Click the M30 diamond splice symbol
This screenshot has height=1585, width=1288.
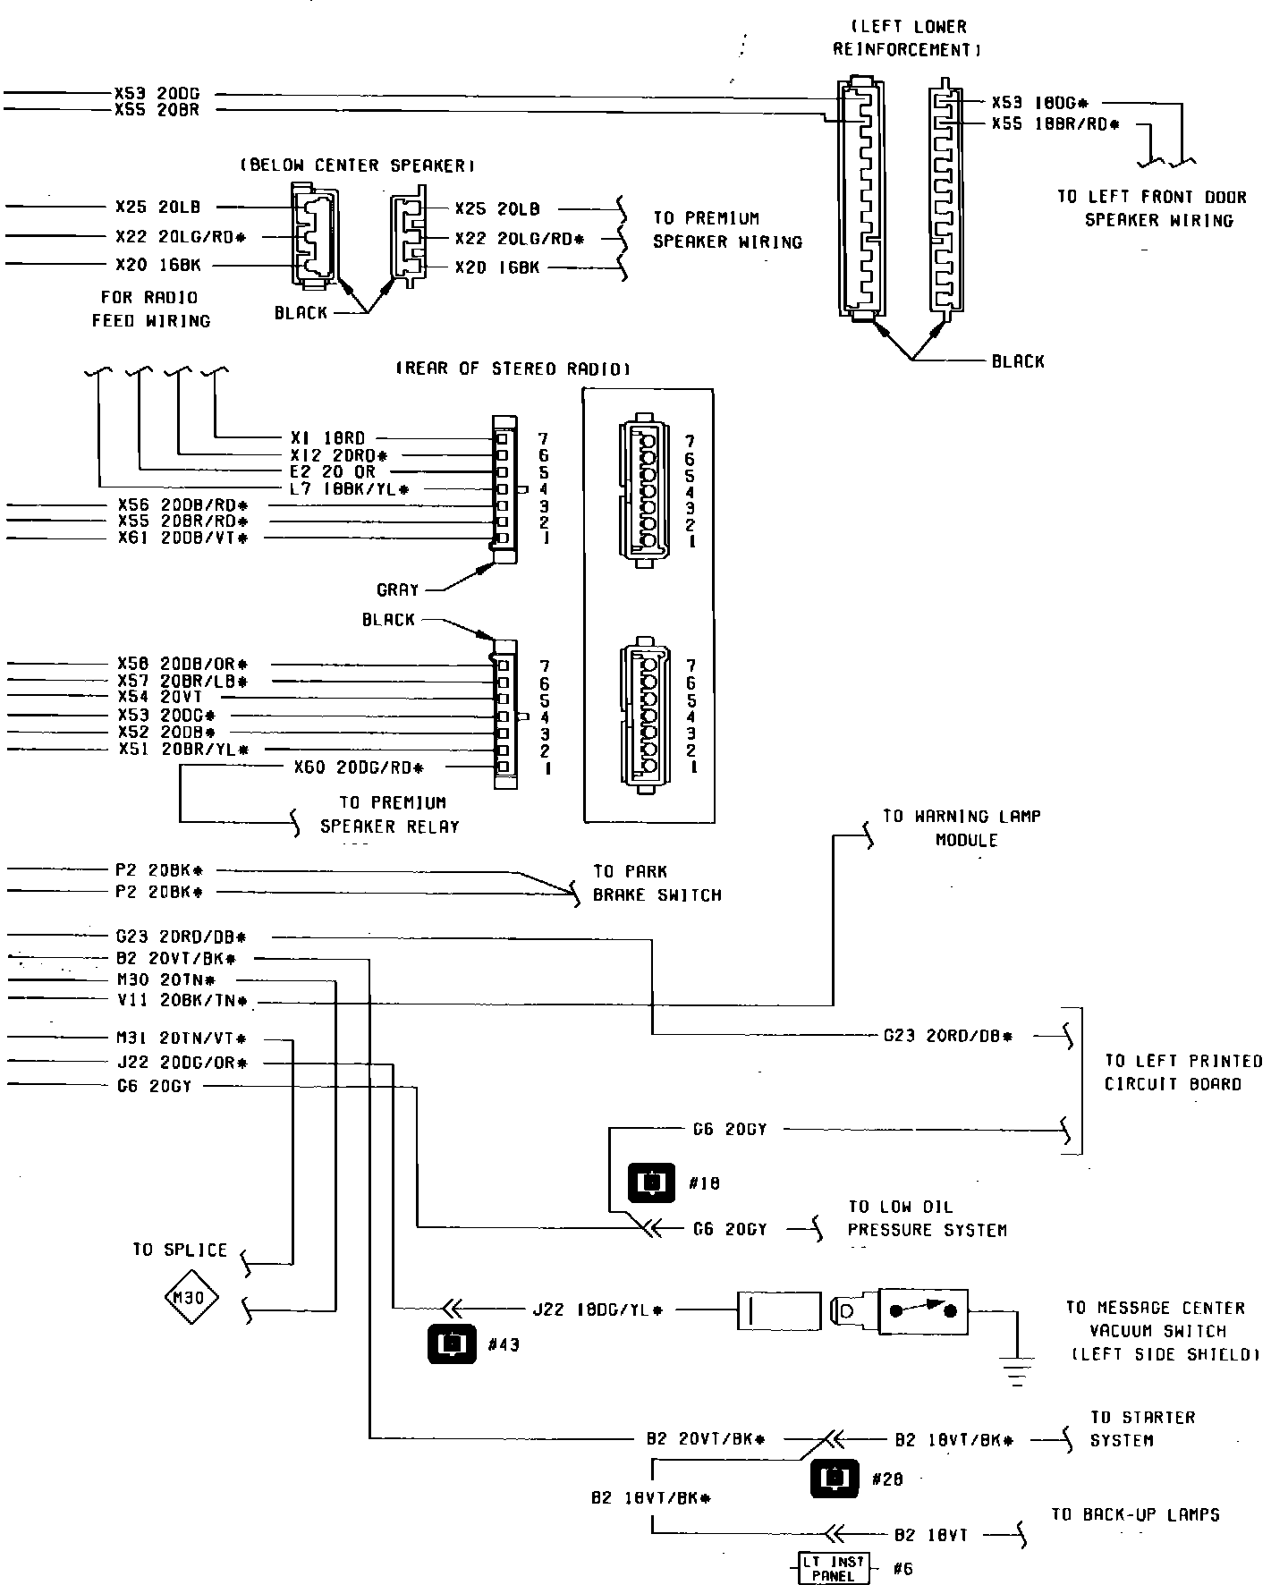pyautogui.click(x=191, y=1298)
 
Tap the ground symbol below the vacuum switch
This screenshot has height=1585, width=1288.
pyautogui.click(x=1017, y=1371)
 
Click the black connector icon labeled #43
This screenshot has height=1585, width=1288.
pyautogui.click(x=453, y=1344)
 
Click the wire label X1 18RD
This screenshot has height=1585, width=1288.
pyautogui.click(x=327, y=438)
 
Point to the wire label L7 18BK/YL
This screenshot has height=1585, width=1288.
pyautogui.click(x=349, y=489)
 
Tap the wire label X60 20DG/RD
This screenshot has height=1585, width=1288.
pyautogui.click(x=358, y=767)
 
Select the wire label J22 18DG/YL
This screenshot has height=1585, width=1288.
pyautogui.click(x=597, y=1310)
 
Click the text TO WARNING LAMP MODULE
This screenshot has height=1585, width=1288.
pyautogui.click(x=962, y=828)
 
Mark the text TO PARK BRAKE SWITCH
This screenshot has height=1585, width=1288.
pyautogui.click(x=657, y=883)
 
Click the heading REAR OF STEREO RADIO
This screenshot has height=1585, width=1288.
pyautogui.click(x=513, y=369)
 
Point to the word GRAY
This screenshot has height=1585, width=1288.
pyautogui.click(x=397, y=590)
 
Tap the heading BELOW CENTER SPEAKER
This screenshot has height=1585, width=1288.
pyautogui.click(x=356, y=165)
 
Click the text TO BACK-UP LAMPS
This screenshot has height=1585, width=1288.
pyautogui.click(x=1135, y=1514)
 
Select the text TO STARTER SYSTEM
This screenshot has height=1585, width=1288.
pyautogui.click(x=1141, y=1428)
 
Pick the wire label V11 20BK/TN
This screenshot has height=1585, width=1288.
pyautogui.click(x=182, y=1001)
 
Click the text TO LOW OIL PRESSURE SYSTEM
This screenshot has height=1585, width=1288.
pyautogui.click(x=927, y=1218)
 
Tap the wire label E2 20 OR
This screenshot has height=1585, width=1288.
pyautogui.click(x=333, y=471)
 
